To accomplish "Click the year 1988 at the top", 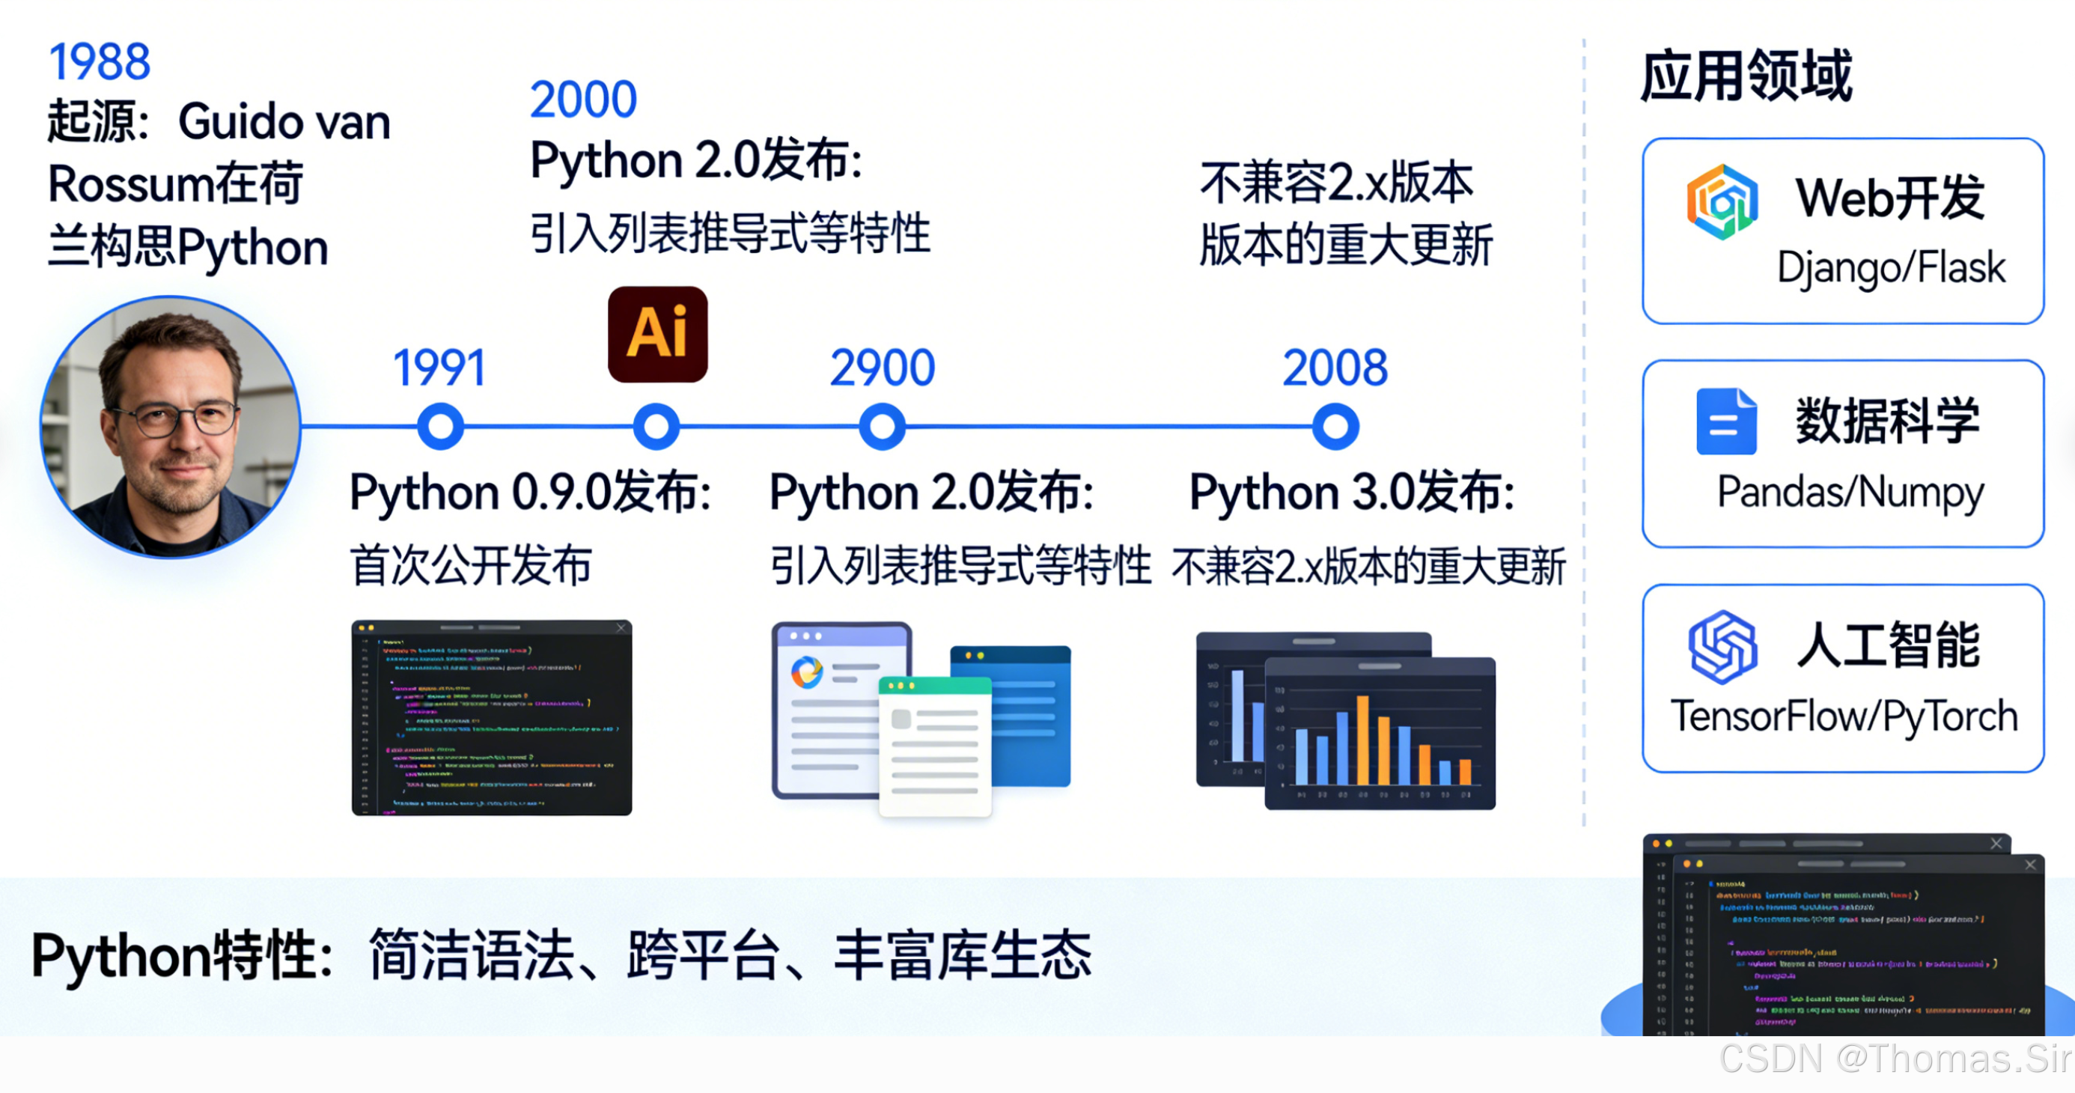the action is click(100, 62).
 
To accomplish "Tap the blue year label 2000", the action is click(583, 100).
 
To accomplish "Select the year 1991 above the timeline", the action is click(440, 368).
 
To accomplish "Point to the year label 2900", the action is click(882, 368).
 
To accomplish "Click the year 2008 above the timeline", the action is click(1335, 368).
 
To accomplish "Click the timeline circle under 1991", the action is click(441, 426).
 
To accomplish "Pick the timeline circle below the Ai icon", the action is click(656, 426).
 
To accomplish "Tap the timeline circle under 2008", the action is click(1335, 426).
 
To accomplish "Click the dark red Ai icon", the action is click(657, 333).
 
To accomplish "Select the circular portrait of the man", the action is click(171, 427).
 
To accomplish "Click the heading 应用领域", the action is click(1746, 76).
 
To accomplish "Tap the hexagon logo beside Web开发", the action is click(1722, 201).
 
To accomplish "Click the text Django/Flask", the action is click(1891, 268).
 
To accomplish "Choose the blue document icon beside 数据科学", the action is click(1725, 421).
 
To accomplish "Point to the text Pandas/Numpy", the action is click(1850, 492).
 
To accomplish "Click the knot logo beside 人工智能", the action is click(1722, 647).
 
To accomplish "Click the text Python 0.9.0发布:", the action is click(530, 492).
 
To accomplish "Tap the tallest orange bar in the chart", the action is click(1363, 740).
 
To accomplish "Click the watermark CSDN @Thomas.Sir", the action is click(1895, 1059).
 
